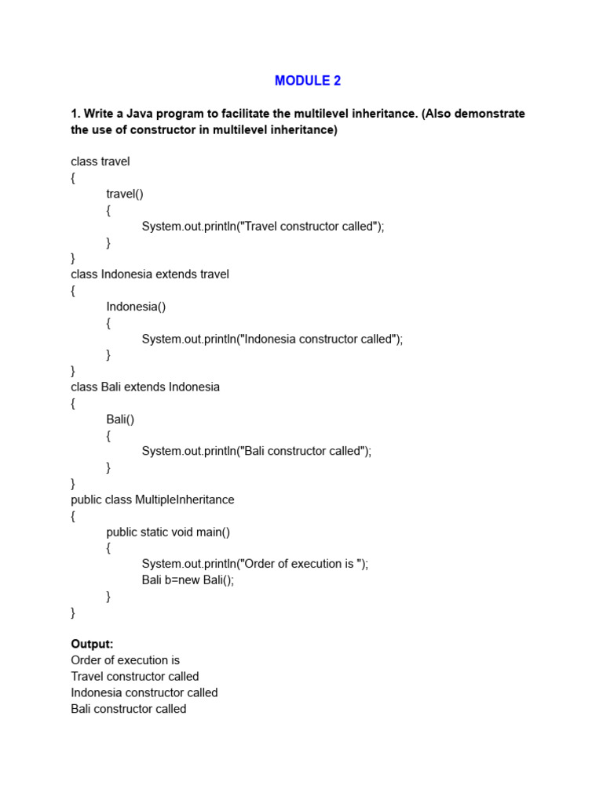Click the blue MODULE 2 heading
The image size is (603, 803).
308,81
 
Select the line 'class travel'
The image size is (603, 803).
100,162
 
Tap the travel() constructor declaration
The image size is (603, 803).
126,194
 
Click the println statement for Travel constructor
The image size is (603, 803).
263,226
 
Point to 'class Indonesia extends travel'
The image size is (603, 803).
150,274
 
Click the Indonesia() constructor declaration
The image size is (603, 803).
136,307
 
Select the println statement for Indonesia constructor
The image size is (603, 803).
272,339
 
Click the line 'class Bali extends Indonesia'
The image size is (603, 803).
145,387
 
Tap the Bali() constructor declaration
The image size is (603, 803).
120,420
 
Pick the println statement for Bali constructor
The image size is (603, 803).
256,451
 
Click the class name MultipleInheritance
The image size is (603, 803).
185,500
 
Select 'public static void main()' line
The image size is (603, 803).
168,532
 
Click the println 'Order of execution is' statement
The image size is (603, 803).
254,564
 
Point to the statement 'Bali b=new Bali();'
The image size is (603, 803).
188,580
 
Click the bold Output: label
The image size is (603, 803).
92,644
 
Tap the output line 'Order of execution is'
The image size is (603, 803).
126,660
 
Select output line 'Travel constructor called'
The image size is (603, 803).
135,677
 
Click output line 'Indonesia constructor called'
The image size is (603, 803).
144,692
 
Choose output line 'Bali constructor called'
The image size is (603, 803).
129,709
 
